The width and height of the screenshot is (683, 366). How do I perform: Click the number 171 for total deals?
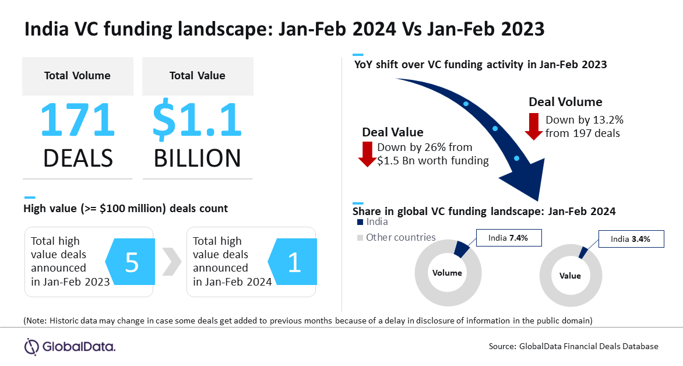coord(78,119)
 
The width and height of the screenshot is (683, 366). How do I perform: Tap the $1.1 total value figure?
coord(197,120)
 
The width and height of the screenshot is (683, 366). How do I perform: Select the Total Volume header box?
coord(78,76)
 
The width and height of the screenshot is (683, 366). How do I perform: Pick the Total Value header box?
coord(198,76)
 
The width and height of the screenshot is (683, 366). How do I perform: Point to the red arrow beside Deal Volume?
coord(534,126)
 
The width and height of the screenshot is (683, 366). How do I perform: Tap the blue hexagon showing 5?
coord(130,262)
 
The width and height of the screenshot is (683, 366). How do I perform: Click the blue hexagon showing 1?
coord(293,262)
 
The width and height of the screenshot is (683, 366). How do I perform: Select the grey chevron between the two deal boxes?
coord(171,262)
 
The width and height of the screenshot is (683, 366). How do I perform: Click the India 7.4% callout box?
coord(508,238)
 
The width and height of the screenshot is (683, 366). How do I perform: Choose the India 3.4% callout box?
coord(631,239)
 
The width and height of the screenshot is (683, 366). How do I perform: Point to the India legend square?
coord(360,222)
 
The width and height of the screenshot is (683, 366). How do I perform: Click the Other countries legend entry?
coord(396,237)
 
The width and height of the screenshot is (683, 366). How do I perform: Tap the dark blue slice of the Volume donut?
coord(462,249)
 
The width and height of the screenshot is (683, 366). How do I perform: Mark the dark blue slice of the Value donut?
coord(583,253)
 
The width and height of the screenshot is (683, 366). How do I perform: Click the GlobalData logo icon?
coord(31,347)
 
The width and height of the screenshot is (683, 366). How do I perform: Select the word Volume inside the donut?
coord(447,273)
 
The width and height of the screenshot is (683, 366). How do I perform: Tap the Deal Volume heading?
coord(565,102)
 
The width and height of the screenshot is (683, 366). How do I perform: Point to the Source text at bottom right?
coord(573,346)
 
